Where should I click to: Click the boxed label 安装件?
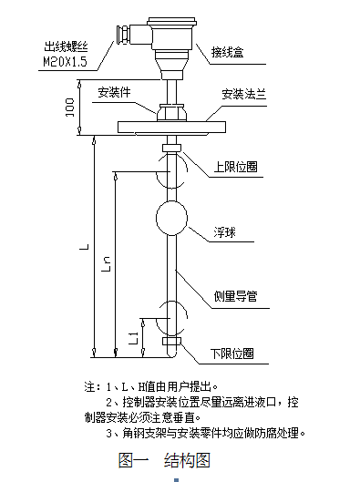coord(115,92)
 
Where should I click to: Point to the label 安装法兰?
coord(244,94)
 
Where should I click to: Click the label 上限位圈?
coord(234,168)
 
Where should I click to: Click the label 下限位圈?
coord(231,353)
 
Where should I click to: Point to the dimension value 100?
coord(70,108)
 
